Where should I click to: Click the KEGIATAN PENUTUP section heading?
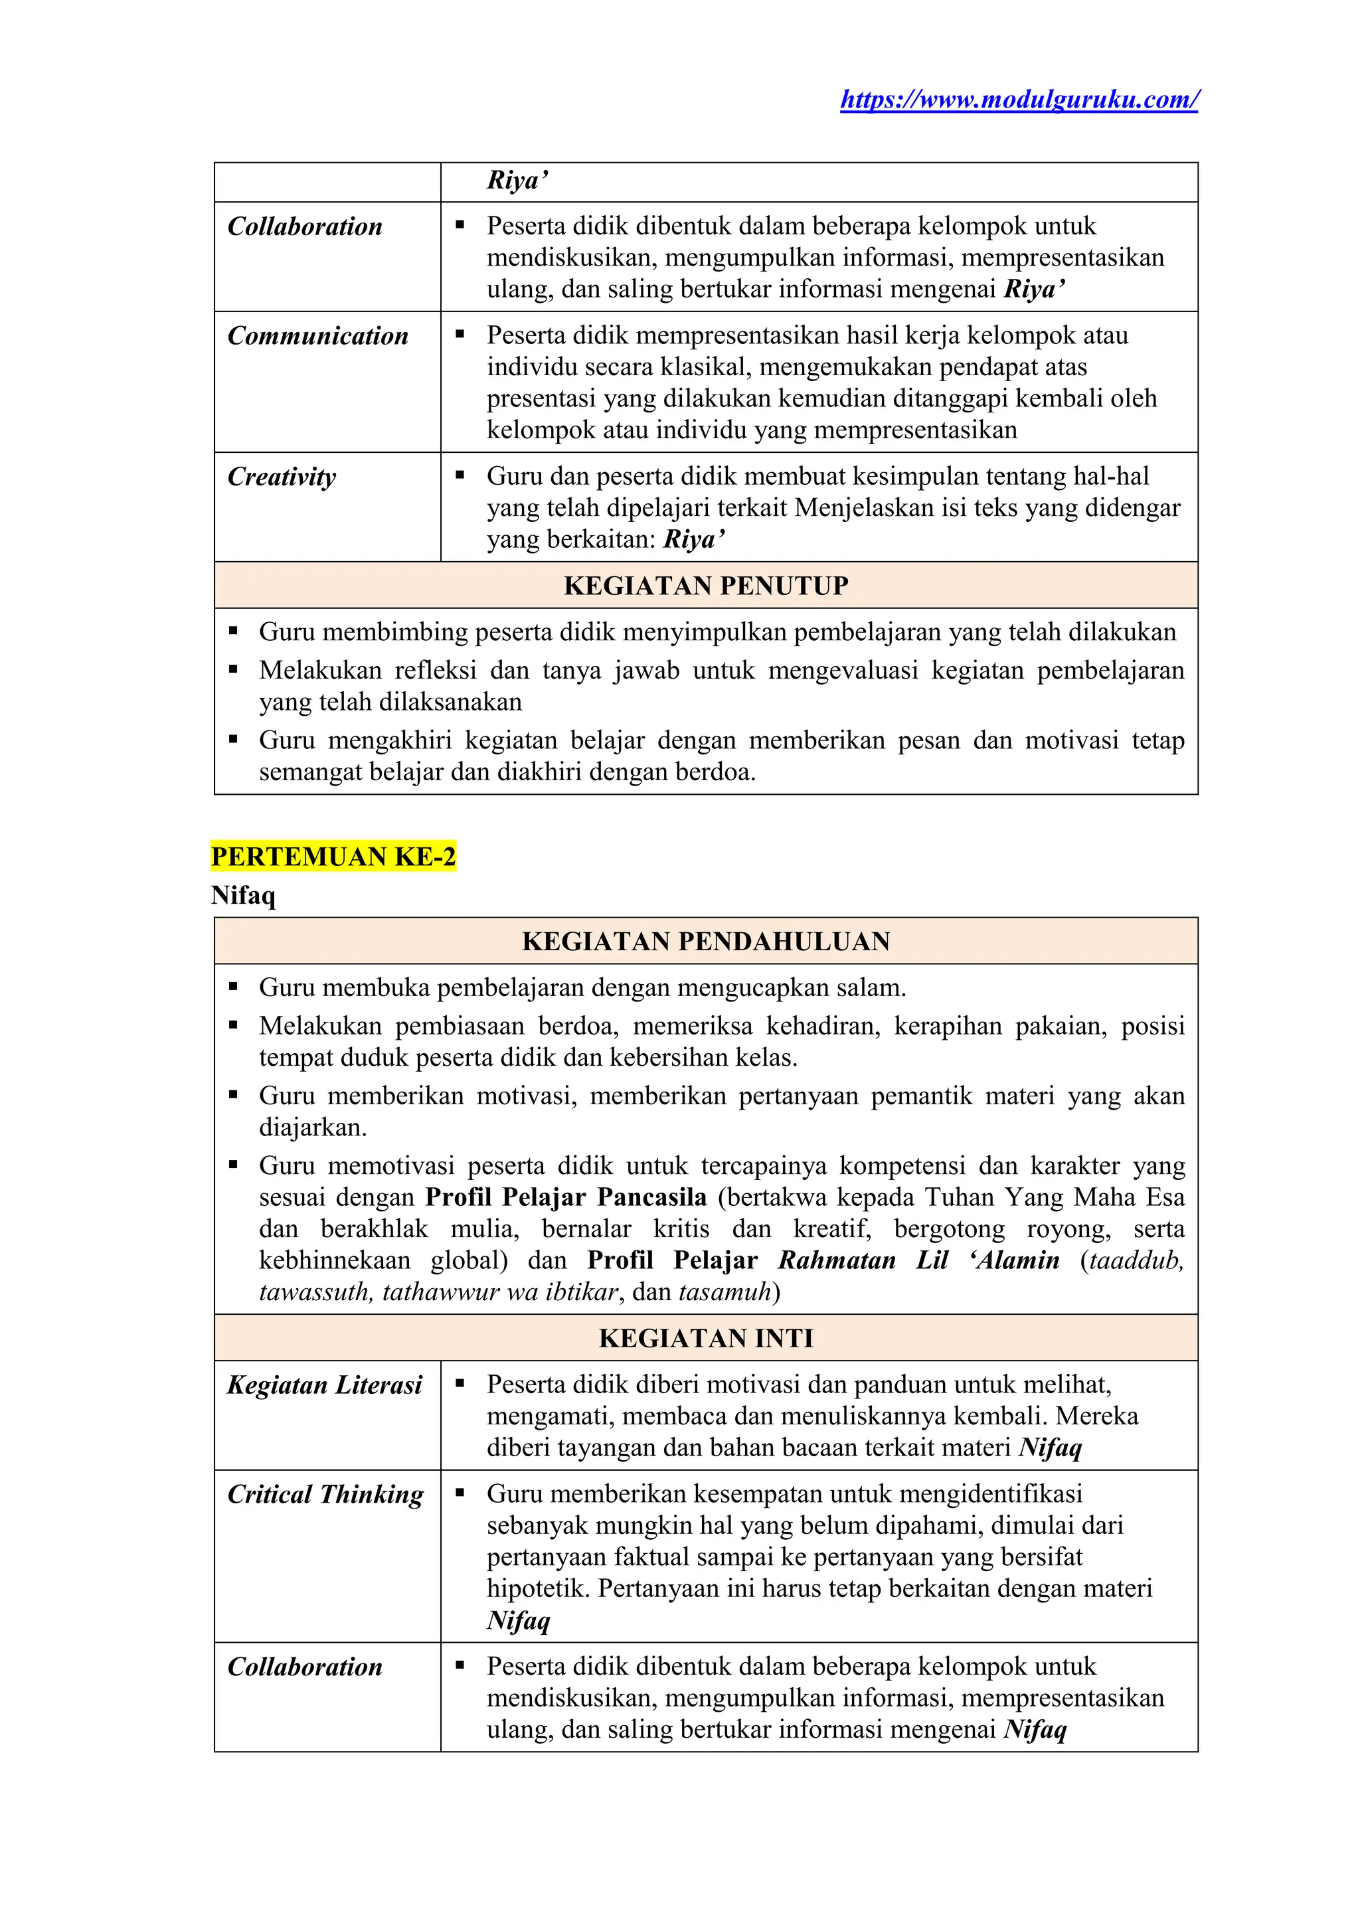pos(706,586)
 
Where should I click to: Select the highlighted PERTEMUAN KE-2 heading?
pos(333,857)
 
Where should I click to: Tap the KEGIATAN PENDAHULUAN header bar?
pos(706,942)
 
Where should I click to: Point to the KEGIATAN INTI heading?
pos(706,1337)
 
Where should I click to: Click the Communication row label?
pos(318,336)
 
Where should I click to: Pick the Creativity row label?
pos(282,477)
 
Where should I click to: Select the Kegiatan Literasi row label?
pos(325,1384)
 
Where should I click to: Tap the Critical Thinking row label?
pos(326,1494)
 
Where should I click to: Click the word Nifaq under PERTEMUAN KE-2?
pos(243,895)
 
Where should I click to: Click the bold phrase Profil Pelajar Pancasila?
pos(565,1197)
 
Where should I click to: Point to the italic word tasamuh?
pos(724,1292)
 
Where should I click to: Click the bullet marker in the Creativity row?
pos(460,475)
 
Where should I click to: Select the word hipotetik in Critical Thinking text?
pos(537,1589)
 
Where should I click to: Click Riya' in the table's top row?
pos(517,181)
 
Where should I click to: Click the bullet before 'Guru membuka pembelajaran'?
pos(234,987)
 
